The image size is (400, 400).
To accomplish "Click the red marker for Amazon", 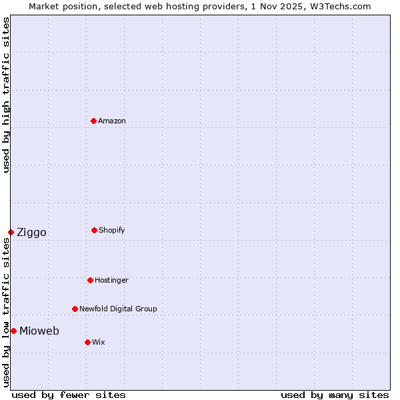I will point(93,121).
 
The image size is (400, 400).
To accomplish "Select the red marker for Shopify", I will point(94,230).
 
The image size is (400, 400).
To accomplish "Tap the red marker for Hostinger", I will point(90,280).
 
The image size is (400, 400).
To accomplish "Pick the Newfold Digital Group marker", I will point(75,309).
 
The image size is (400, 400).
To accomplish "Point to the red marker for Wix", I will point(87,342).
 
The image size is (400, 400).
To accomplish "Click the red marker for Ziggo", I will point(11,232).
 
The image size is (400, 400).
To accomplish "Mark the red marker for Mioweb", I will point(13,331).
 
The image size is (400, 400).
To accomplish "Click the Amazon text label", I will point(112,121).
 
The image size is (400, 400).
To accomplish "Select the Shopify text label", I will point(112,230).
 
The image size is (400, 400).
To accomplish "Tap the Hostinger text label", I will point(111,280).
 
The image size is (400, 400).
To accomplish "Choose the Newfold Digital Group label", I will point(118,309).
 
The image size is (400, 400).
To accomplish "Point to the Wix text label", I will point(99,342).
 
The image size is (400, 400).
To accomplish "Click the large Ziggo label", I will point(31,232).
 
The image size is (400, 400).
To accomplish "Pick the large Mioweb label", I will point(39,331).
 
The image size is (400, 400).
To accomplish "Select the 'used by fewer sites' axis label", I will point(69,395).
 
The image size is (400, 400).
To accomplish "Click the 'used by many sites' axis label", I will point(335,395).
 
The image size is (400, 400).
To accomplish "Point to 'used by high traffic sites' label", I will point(6,95).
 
